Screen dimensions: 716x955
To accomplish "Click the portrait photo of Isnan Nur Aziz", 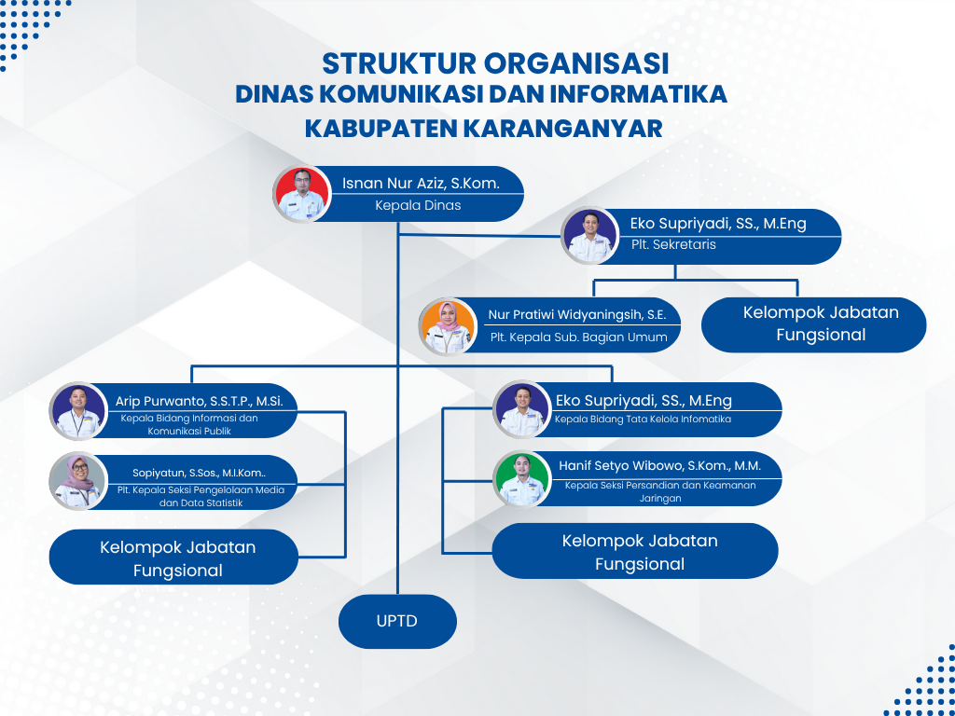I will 301,194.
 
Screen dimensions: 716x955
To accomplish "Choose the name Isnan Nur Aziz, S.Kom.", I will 421,184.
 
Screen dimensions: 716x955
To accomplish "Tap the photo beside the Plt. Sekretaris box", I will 590,235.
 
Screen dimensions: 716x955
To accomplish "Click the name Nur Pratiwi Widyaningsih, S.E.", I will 577,315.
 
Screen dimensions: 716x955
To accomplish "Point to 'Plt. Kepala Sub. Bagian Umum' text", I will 578,337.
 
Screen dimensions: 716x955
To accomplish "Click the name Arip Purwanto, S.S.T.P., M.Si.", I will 205,401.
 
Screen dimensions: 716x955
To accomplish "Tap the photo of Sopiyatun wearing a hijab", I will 76,480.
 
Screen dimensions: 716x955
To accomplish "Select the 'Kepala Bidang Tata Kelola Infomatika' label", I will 643,420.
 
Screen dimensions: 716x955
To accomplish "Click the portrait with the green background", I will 521,478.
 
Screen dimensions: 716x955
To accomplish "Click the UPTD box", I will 397,621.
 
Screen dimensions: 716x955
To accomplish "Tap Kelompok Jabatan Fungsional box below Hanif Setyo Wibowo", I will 640,551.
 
